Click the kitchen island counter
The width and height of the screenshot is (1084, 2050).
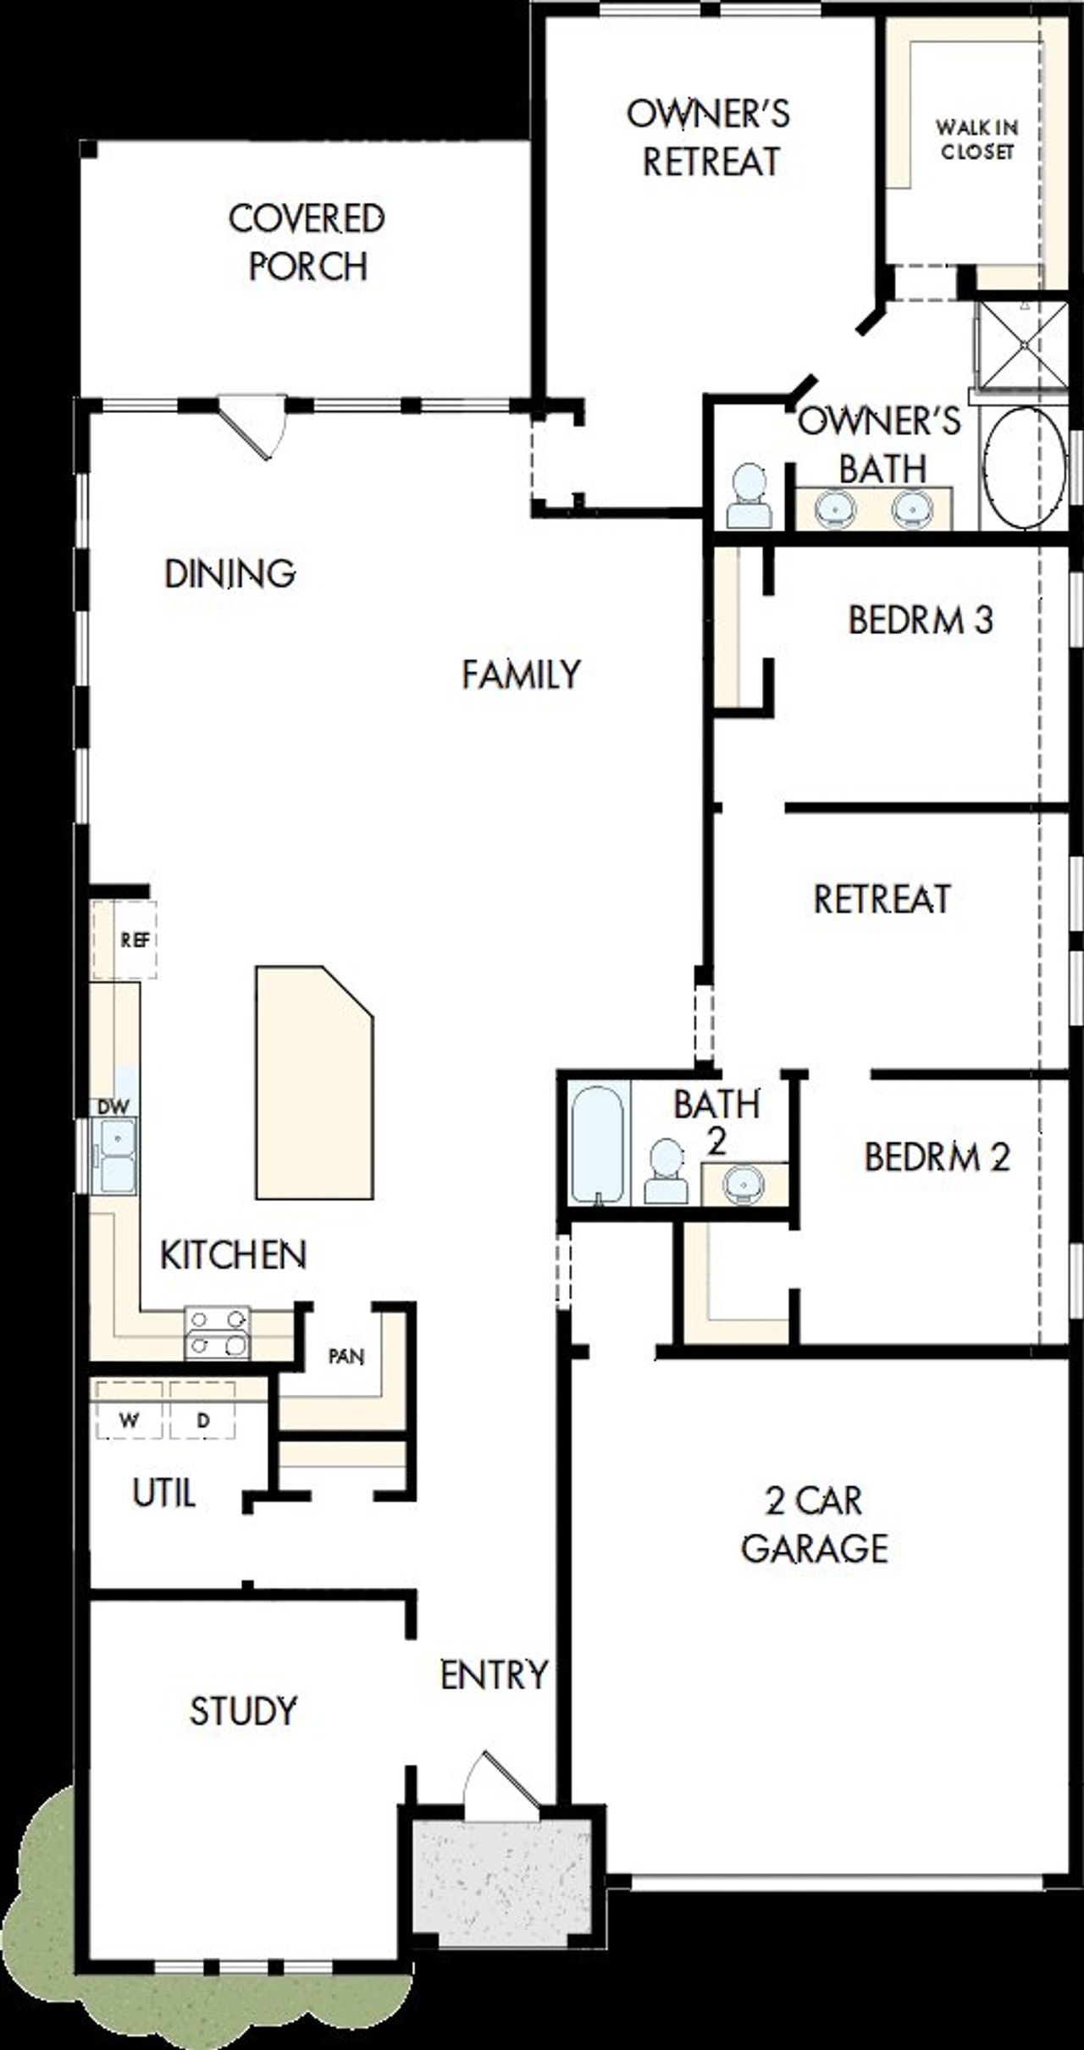tap(313, 1083)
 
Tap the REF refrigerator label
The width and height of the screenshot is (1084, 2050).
tap(135, 940)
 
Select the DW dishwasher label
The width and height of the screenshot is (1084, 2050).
tap(113, 1106)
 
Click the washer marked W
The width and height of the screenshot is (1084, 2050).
tap(129, 1420)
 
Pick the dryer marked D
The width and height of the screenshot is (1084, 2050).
tap(202, 1420)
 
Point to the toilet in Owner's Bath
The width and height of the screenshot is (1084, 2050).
tap(749, 498)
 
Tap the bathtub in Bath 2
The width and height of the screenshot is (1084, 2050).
tap(597, 1143)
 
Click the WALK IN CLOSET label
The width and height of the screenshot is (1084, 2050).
tap(976, 140)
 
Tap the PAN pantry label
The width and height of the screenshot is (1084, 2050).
tap(346, 1356)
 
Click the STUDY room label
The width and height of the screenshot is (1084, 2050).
tap(243, 1711)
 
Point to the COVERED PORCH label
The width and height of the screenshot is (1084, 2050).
tap(307, 242)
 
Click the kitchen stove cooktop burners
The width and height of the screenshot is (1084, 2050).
tap(218, 1331)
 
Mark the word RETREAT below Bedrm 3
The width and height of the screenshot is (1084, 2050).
tap(882, 899)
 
